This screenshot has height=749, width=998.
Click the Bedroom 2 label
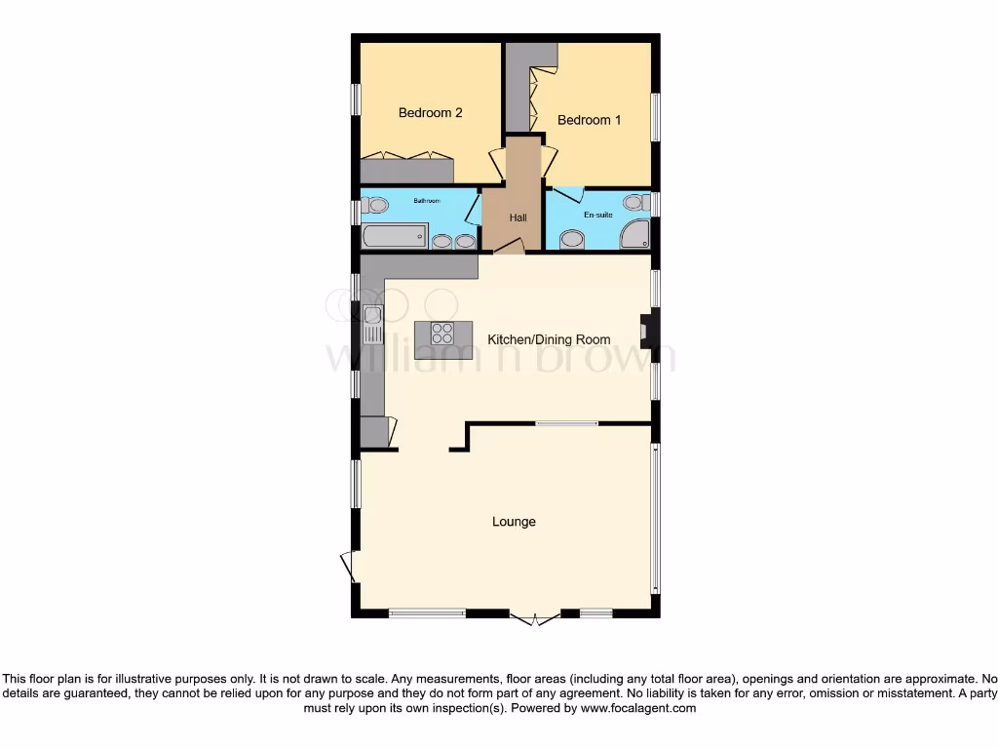[430, 113]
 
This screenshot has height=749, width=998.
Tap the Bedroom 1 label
[589, 121]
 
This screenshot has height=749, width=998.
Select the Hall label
[518, 217]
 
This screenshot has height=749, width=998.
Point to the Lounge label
[514, 522]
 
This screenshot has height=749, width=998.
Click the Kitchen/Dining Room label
[549, 340]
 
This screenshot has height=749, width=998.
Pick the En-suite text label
[597, 213]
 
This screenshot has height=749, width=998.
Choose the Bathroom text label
[427, 201]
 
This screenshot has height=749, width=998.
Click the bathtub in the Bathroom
[395, 236]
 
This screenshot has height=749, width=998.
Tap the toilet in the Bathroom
[374, 205]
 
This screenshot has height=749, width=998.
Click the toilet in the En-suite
[635, 203]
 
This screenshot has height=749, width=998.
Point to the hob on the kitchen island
[442, 333]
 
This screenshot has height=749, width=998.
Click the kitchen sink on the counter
[372, 324]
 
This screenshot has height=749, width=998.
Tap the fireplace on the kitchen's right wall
[645, 331]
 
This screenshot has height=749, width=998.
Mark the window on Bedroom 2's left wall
[356, 99]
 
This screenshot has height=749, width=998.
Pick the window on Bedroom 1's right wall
[656, 117]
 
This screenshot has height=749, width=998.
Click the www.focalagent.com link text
[638, 709]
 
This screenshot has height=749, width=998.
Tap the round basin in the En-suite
[572, 239]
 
